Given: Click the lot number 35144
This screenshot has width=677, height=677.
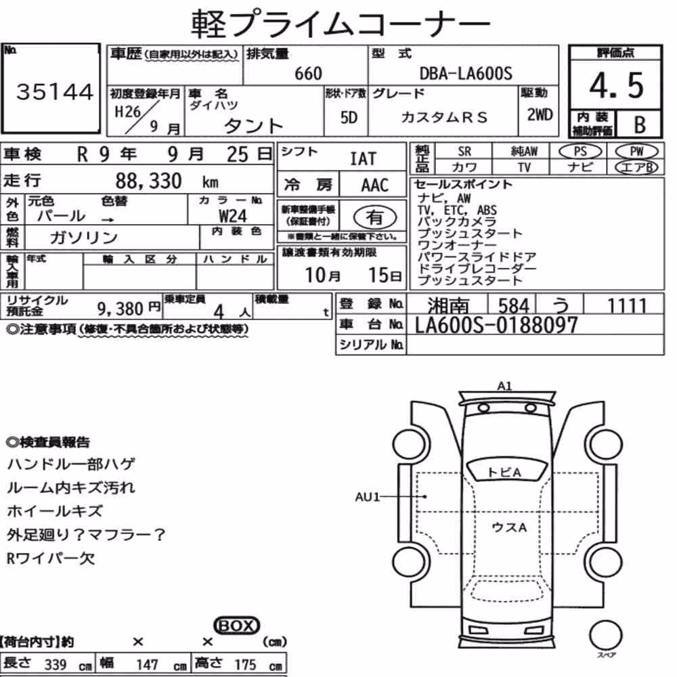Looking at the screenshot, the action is [54, 91].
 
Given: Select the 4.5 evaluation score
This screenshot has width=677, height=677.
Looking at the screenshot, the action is [616, 85].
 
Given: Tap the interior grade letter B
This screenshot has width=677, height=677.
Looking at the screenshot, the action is [640, 125].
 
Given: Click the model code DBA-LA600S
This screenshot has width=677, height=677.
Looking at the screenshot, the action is [466, 73].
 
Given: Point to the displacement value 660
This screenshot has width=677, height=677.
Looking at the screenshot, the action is [308, 73].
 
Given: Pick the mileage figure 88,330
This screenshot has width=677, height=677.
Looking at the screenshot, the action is [148, 181].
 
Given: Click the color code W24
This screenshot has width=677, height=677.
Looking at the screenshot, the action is [233, 215].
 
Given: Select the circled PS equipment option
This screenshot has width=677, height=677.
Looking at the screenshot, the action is [580, 152].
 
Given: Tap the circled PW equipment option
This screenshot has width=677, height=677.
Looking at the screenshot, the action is [636, 152].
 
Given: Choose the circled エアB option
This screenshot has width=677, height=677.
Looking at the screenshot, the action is [636, 167].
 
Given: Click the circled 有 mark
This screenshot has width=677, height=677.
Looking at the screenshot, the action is [375, 217].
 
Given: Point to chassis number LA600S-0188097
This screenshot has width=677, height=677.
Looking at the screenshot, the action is [496, 325].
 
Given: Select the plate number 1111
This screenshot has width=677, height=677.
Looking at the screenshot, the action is [627, 306].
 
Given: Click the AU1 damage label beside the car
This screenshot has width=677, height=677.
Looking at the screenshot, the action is [367, 497].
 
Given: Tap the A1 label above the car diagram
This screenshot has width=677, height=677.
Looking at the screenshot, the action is [504, 386].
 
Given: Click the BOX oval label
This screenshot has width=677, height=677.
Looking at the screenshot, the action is [236, 625].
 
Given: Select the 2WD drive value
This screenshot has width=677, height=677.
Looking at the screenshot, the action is [540, 115].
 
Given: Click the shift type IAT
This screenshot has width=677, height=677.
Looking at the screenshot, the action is [363, 159].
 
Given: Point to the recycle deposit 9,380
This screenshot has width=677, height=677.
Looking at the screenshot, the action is [120, 309].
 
